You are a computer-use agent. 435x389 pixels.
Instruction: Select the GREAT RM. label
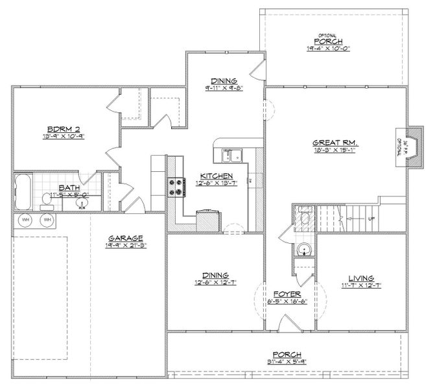[x=335, y=143]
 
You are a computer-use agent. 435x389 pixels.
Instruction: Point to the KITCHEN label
[x=215, y=176]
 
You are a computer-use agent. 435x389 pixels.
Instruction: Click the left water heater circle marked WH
[x=27, y=220]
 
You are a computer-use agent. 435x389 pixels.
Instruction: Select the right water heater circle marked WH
[x=47, y=220]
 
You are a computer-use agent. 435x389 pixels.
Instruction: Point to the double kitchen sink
[x=229, y=154]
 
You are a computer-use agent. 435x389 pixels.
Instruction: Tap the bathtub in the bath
[x=23, y=191]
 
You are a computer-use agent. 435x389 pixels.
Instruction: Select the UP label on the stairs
[x=371, y=218]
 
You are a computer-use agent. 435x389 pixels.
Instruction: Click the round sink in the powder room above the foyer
[x=302, y=249]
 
